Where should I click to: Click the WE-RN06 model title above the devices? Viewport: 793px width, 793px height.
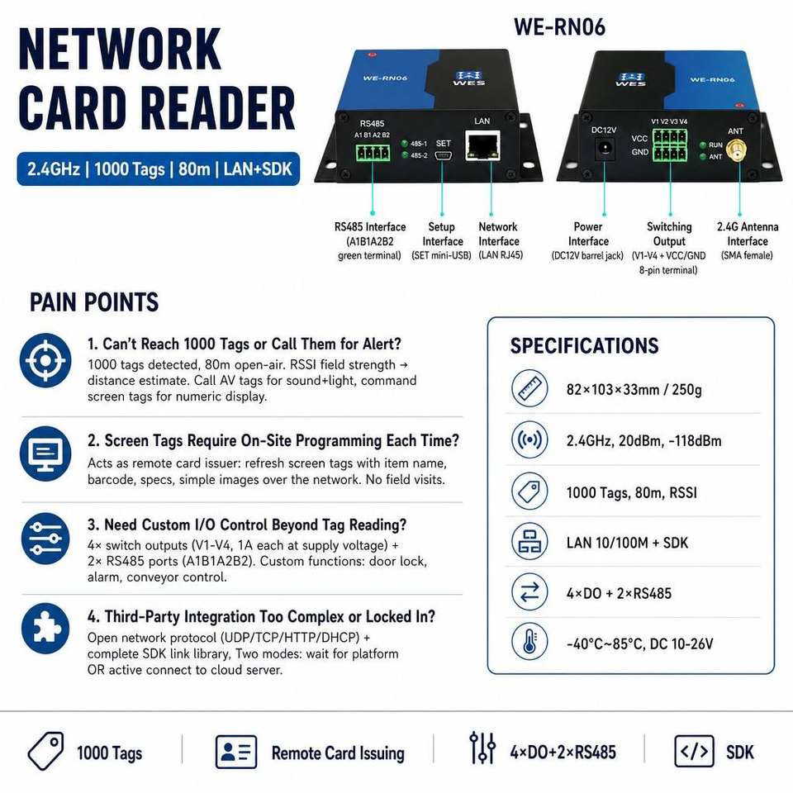(559, 26)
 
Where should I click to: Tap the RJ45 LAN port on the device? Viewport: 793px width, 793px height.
(483, 145)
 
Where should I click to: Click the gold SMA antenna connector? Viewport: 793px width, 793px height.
(736, 150)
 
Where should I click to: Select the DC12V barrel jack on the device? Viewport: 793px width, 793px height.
(605, 149)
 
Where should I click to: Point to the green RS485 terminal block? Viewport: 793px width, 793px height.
(373, 152)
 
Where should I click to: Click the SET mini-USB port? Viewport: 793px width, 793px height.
(443, 155)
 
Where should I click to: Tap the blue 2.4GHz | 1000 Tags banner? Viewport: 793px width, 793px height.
(159, 169)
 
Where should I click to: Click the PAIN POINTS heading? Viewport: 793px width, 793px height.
(94, 302)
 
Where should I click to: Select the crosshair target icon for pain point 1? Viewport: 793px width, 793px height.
(45, 360)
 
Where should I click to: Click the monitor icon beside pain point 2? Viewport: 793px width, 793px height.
(45, 453)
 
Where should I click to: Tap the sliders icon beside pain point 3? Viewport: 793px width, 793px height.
(45, 538)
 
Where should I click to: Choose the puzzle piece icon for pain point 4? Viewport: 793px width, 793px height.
(45, 629)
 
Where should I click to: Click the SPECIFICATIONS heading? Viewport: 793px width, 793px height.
(584, 346)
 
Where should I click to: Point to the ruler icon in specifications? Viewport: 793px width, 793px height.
(529, 388)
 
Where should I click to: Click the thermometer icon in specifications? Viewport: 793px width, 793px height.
(529, 643)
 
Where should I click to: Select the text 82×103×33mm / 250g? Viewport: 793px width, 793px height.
(634, 389)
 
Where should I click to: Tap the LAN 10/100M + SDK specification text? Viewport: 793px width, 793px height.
(627, 543)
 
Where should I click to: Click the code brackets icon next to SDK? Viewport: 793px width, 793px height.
(695, 751)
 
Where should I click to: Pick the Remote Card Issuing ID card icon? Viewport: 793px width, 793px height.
(236, 752)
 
